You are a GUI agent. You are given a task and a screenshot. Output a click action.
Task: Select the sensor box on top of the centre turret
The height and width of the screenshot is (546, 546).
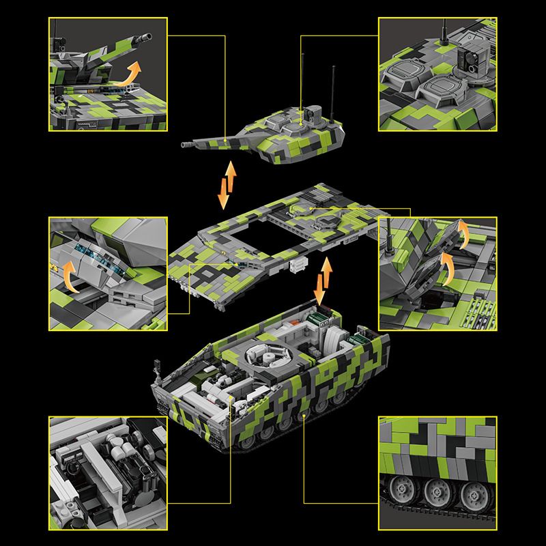click(313, 113)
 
